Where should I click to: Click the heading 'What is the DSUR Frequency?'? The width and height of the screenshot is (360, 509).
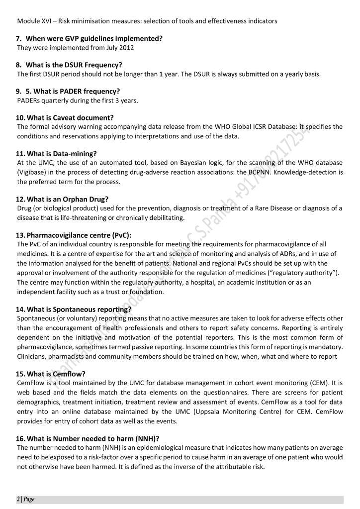coord(74,65)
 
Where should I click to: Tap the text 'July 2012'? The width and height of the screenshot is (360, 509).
coord(118,48)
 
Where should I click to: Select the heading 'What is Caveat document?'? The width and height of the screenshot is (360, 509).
coord(70,118)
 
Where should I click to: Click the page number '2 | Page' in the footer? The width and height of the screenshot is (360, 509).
coord(25,499)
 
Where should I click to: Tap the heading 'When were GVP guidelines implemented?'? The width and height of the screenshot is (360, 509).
coord(94,38)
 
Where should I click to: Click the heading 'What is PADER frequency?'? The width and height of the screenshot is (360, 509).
coord(73,92)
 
